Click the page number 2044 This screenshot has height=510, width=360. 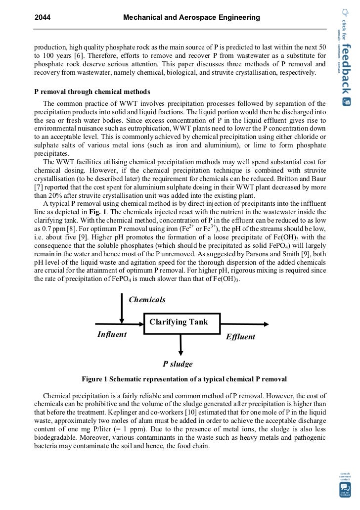tap(43, 18)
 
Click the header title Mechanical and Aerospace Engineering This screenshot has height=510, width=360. tap(191, 18)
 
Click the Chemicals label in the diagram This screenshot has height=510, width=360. tap(147, 300)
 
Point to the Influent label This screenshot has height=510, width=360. tap(112, 334)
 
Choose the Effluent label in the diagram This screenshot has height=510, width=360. tap(240, 337)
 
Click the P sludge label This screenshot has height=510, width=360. tap(178, 364)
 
